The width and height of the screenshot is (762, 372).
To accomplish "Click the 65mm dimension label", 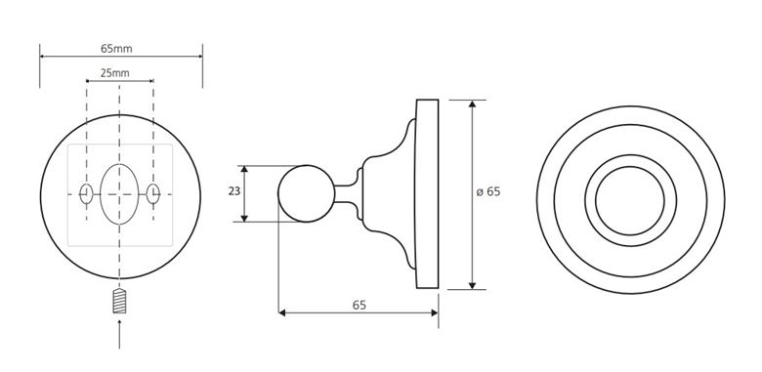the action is [116, 49].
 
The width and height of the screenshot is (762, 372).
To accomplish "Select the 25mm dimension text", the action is [114, 73].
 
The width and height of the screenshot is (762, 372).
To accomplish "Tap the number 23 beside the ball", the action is [234, 191].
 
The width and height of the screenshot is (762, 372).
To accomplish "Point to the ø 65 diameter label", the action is [487, 191].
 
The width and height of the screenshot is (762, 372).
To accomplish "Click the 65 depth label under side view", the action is [360, 305].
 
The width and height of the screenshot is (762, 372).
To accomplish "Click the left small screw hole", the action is [86, 193].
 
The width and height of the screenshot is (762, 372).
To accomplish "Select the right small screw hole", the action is [153, 193].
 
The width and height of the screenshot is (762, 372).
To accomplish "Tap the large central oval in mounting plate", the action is [119, 194].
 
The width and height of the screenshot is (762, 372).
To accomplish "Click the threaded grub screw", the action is [119, 301].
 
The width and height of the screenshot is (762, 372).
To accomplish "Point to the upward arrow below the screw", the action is [119, 334].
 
